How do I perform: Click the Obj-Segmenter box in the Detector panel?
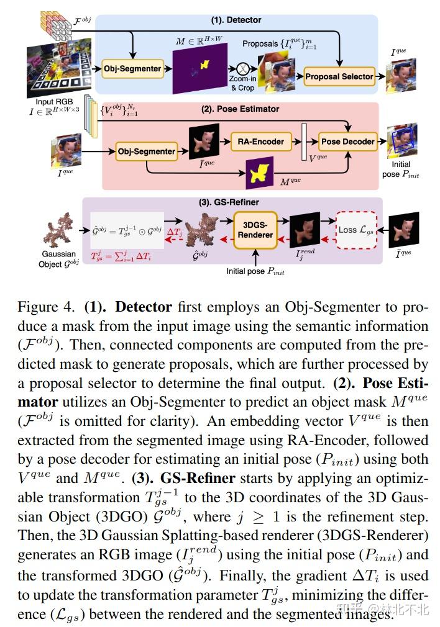pyautogui.click(x=132, y=68)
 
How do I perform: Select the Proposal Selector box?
pyautogui.click(x=339, y=76)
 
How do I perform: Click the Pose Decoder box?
pyautogui.click(x=347, y=142)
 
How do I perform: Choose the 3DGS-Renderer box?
pyautogui.click(x=255, y=230)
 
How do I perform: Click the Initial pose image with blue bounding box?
pyautogui.click(x=401, y=143)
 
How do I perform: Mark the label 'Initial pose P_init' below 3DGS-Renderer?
pyautogui.click(x=255, y=271)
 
